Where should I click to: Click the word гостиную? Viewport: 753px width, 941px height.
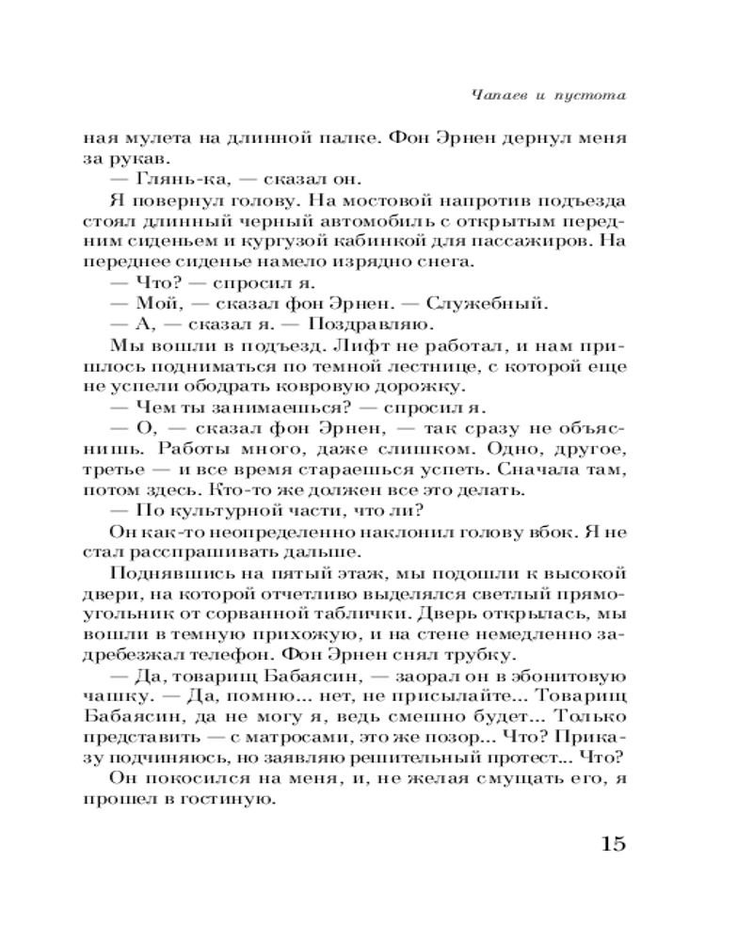tap(233, 802)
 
